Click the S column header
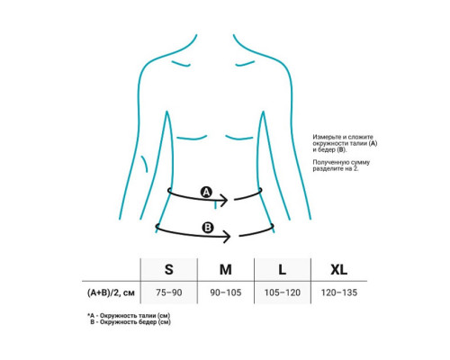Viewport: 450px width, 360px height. (169, 269)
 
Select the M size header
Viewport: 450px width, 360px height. (226, 269)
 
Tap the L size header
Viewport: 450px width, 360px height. (282, 269)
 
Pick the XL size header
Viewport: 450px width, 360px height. (339, 269)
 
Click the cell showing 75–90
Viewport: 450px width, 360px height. (169, 292)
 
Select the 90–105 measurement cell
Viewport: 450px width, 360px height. (226, 292)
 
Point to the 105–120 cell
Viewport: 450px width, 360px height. (283, 292)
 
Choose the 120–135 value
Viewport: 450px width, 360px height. (339, 292)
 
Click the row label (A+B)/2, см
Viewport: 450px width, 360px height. (111, 292)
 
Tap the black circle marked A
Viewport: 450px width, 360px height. (206, 192)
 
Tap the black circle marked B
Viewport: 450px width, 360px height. (208, 228)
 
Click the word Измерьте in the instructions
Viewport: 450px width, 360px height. (327, 137)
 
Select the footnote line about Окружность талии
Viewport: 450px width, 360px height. (129, 316)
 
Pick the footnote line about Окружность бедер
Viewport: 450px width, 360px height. (130, 322)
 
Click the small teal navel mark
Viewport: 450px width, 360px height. (215, 205)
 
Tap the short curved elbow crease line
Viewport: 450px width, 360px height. (145, 164)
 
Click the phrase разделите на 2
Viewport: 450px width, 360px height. (336, 169)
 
